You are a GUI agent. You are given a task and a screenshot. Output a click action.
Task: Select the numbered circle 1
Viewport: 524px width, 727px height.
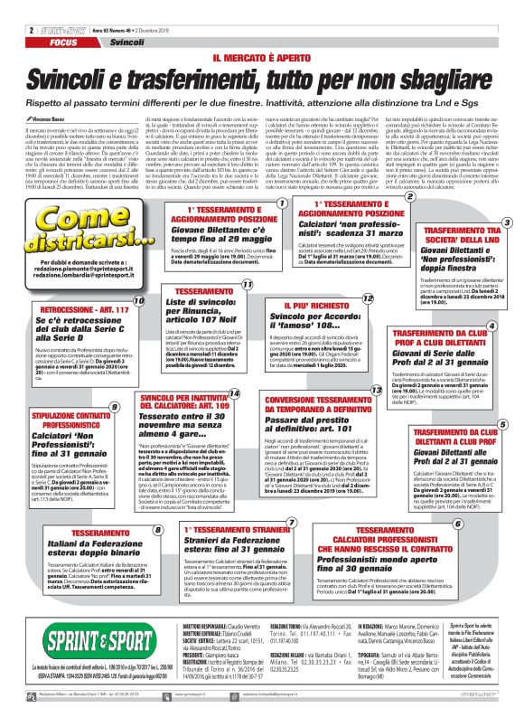click(x=282, y=203)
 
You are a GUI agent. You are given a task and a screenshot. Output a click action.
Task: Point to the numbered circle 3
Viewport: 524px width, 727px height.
click(x=507, y=222)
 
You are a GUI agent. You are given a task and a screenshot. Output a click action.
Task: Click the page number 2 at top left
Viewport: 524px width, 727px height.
click(x=7, y=7)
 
